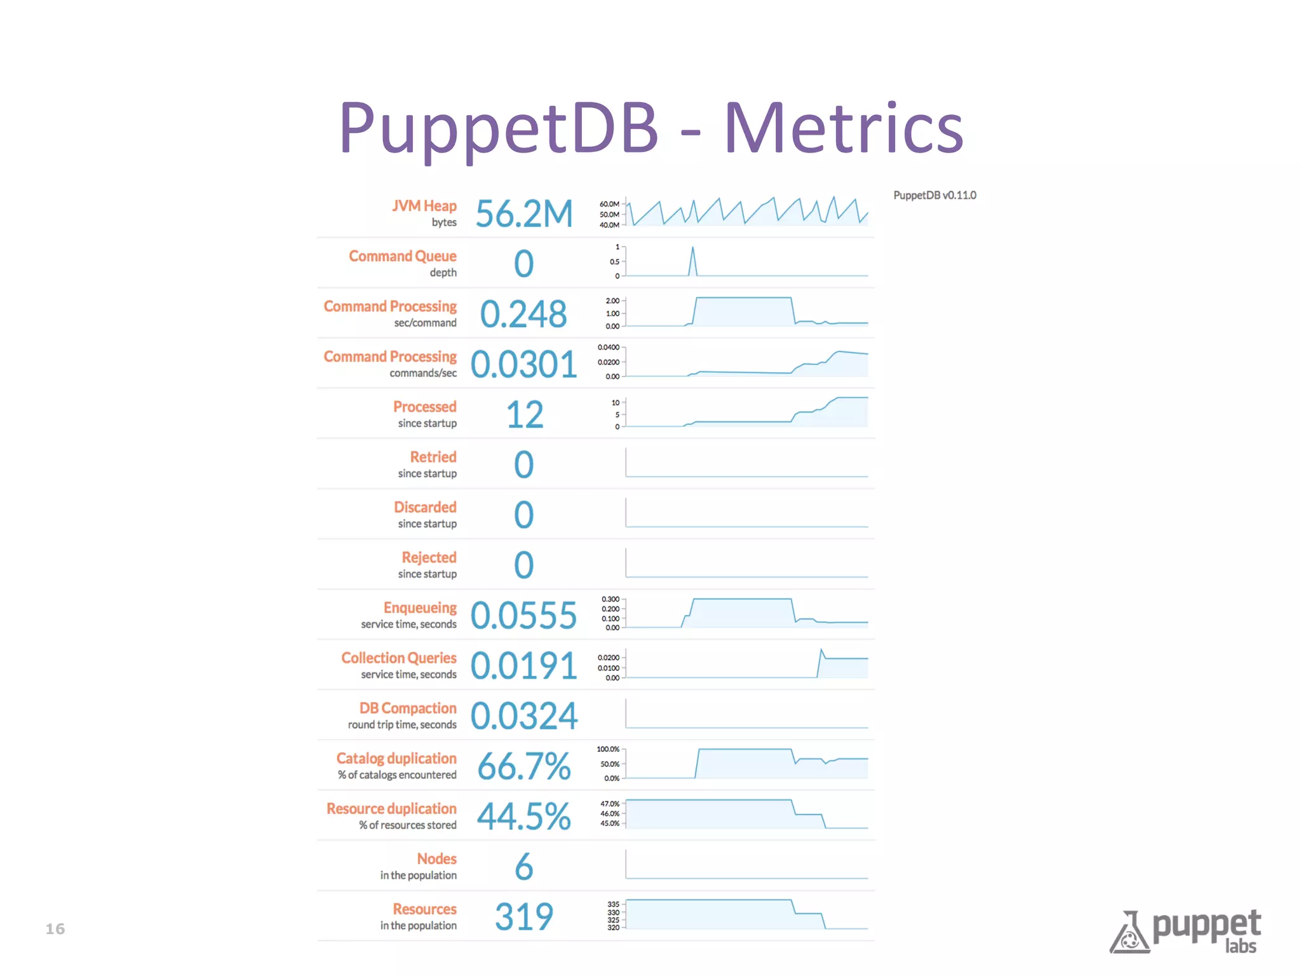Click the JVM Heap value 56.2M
524,213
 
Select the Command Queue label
402,256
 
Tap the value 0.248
523,314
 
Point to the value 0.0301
523,364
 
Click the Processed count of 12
524,414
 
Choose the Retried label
433,457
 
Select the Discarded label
424,507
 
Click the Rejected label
429,557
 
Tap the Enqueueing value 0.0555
523,615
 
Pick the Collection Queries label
398,658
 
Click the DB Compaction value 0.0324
523,715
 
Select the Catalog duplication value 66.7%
523,766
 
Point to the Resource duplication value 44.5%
523,816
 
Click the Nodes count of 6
523,866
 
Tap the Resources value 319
524,916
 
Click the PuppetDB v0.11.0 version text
934,195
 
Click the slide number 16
55,929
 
